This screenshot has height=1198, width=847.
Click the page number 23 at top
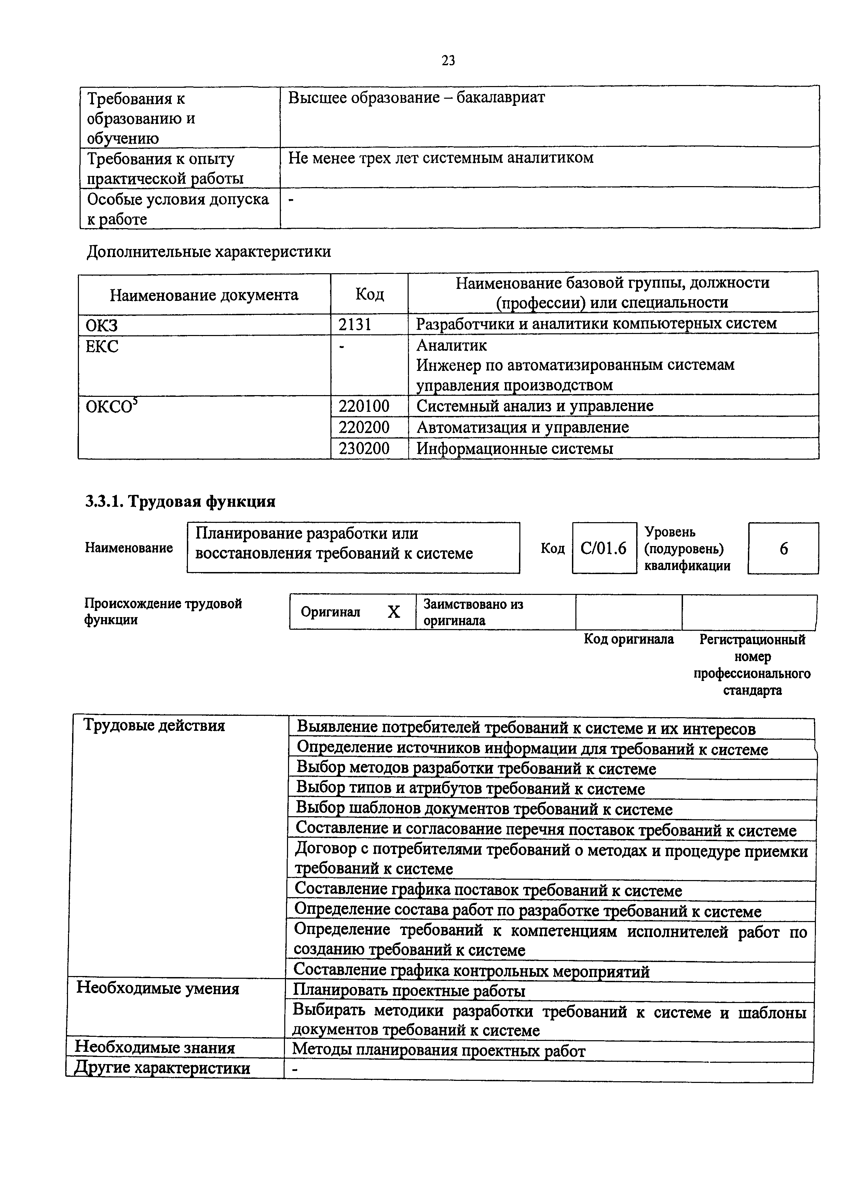(448, 61)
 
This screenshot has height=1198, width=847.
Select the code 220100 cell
(364, 406)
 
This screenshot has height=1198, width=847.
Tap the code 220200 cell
(364, 427)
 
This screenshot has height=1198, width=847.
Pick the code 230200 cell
(364, 448)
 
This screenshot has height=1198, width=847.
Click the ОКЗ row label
(102, 325)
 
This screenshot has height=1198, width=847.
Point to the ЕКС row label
(102, 346)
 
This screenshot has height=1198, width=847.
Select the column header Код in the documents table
(369, 294)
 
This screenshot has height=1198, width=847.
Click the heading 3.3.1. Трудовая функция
(180, 501)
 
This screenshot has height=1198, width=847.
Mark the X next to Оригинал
(394, 612)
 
